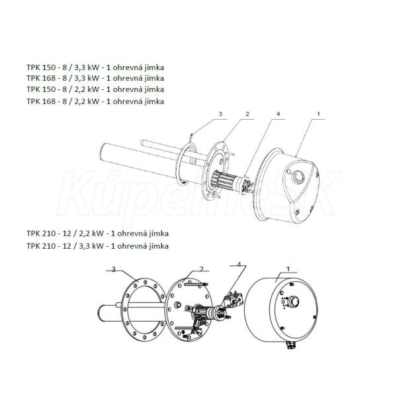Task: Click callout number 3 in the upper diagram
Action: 220,114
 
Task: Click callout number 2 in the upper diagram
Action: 247,114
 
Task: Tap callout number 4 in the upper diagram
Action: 279,114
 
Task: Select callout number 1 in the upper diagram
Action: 318,114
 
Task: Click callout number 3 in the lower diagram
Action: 114,269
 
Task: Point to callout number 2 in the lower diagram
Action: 202,269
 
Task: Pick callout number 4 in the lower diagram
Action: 239,264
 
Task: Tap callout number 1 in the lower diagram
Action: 288,269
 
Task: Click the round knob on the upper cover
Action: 299,177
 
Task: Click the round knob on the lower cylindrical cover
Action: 294,302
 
